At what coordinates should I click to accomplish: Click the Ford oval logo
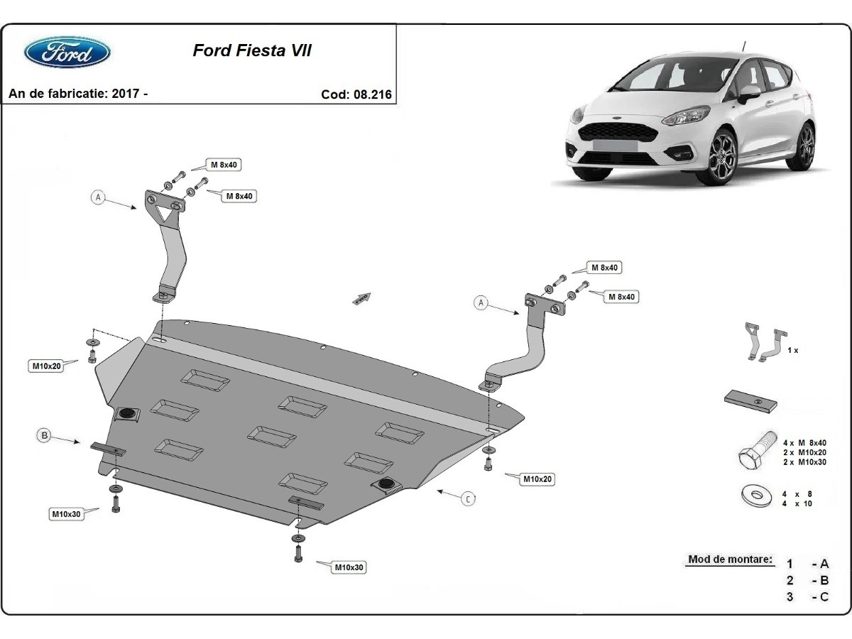[x=67, y=52]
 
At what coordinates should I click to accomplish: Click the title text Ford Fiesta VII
[x=252, y=51]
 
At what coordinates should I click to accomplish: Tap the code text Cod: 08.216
[x=356, y=94]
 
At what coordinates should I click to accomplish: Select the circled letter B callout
[x=44, y=435]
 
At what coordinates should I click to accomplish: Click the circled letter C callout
[x=469, y=499]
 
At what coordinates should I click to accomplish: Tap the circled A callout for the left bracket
[x=98, y=197]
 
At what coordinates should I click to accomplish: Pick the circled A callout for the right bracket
[x=481, y=303]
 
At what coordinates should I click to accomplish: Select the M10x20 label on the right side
[x=537, y=479]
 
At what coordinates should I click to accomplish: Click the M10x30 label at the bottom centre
[x=350, y=567]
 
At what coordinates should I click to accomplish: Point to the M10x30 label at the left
[x=66, y=514]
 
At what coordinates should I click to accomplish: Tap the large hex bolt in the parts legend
[x=756, y=452]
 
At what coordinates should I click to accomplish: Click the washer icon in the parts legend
[x=755, y=496]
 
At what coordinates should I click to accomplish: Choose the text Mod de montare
[x=729, y=559]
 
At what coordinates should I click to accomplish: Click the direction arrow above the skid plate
[x=362, y=298]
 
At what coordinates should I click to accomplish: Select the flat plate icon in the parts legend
[x=750, y=400]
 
